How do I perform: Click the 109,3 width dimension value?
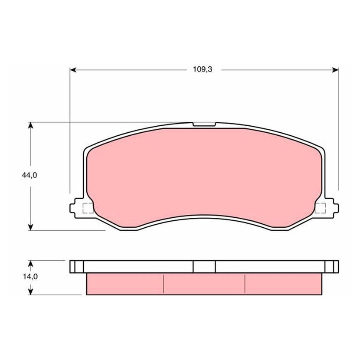point(203,69)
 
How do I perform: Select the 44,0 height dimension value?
point(29,175)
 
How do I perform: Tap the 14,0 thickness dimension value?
point(30,277)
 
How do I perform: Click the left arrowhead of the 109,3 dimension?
point(73,70)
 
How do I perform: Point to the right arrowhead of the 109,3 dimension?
point(335,70)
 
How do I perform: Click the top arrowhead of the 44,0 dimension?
point(30,125)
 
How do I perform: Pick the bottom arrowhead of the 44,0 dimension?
point(30,227)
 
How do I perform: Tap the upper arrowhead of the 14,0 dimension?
point(30,264)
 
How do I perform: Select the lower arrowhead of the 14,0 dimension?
point(30,291)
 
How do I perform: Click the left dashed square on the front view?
point(88,208)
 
